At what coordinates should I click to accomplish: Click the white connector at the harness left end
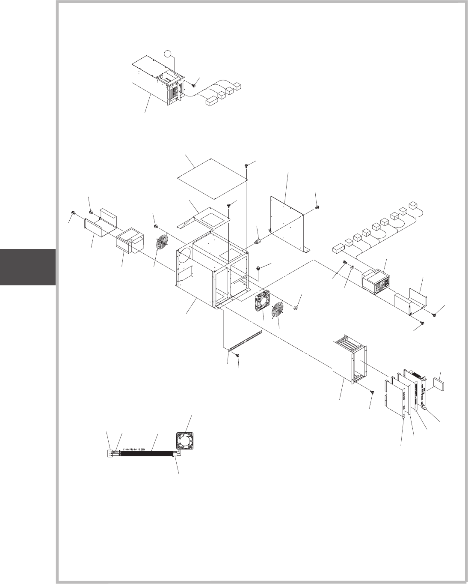[x=110, y=453]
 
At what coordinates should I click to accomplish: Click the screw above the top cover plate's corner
[x=247, y=165]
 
